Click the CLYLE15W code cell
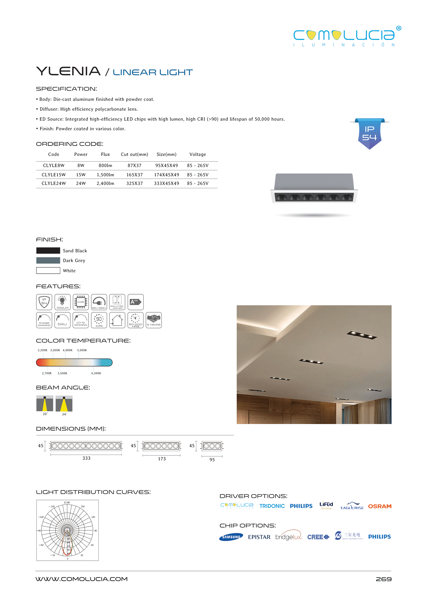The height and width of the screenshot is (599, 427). pyautogui.click(x=54, y=174)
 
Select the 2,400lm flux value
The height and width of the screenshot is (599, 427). pyautogui.click(x=105, y=183)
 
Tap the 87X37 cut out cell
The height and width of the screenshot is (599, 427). pyautogui.click(x=134, y=165)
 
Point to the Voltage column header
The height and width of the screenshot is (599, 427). pyautogui.click(x=198, y=154)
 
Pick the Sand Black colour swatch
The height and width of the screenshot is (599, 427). pyautogui.click(x=48, y=251)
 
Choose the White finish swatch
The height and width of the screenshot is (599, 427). pyautogui.click(x=48, y=271)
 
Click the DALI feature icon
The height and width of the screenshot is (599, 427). pyautogui.click(x=62, y=320)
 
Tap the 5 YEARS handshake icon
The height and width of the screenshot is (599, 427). pyautogui.click(x=154, y=320)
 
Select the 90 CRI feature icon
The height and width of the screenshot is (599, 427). pyautogui.click(x=99, y=320)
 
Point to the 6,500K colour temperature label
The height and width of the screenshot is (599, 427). pyautogui.click(x=96, y=373)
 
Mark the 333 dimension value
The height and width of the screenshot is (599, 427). pyautogui.click(x=86, y=458)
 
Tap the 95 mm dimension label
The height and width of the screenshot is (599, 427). pyautogui.click(x=212, y=460)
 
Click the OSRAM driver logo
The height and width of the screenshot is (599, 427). pyautogui.click(x=379, y=506)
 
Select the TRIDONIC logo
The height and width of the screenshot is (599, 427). pyautogui.click(x=272, y=506)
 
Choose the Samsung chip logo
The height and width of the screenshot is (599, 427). pyautogui.click(x=231, y=537)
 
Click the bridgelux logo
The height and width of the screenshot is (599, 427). pyautogui.click(x=288, y=537)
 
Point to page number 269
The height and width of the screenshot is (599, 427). pyautogui.click(x=383, y=579)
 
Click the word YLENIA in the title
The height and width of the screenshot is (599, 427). pyautogui.click(x=68, y=71)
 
